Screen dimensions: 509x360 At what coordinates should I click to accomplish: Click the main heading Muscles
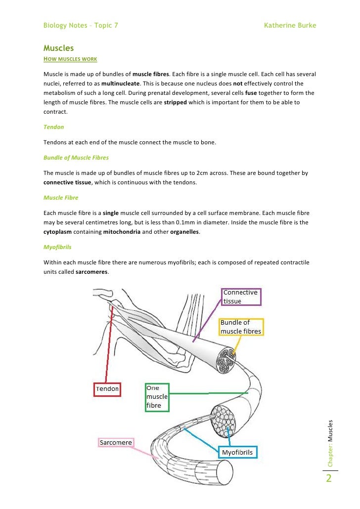[58, 48]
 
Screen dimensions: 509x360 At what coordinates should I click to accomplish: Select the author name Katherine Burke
[290, 25]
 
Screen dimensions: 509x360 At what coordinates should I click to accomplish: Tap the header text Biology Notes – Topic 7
[81, 25]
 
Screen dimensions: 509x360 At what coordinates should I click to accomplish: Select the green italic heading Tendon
[54, 127]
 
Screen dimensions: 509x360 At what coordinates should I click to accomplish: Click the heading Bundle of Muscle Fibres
[76, 158]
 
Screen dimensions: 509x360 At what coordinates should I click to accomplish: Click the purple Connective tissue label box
[241, 297]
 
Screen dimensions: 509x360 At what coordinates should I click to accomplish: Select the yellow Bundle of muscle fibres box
[241, 327]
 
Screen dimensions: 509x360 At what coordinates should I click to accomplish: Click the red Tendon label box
[107, 389]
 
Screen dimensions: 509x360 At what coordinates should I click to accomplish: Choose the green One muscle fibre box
[157, 397]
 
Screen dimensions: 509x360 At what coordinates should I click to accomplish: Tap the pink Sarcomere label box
[115, 442]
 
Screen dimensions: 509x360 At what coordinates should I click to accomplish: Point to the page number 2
[329, 479]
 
